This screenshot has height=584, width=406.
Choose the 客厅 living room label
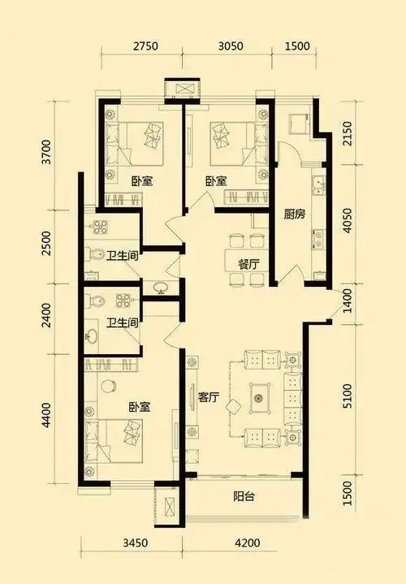click(x=210, y=397)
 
